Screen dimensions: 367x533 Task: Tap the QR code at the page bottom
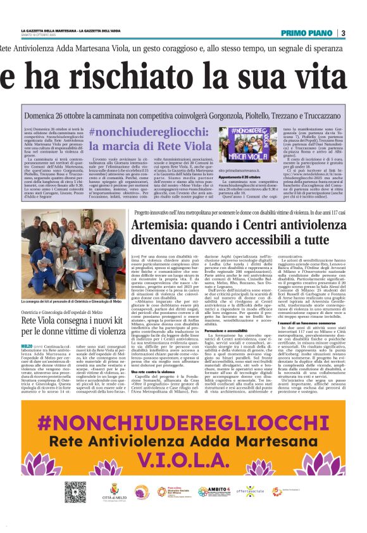coord(75,491)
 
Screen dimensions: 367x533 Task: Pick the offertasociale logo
coord(249,491)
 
